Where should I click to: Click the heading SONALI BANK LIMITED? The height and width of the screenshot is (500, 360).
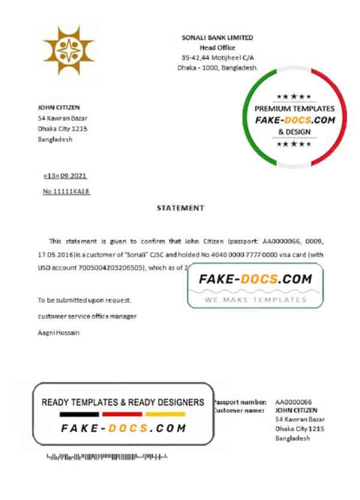[x=217, y=37]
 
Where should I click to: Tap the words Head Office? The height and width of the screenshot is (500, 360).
[x=217, y=47]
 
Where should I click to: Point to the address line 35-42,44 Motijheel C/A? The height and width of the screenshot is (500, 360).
[x=217, y=58]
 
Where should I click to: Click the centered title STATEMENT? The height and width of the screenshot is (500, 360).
[x=180, y=208]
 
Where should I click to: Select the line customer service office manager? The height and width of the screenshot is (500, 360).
[x=87, y=316]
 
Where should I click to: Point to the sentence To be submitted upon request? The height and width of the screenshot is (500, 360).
[x=84, y=300]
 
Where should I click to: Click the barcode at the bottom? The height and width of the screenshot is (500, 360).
[x=106, y=457]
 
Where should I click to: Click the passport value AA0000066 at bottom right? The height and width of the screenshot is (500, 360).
[x=293, y=401]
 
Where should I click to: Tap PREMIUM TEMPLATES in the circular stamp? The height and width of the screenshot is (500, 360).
[x=295, y=109]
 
